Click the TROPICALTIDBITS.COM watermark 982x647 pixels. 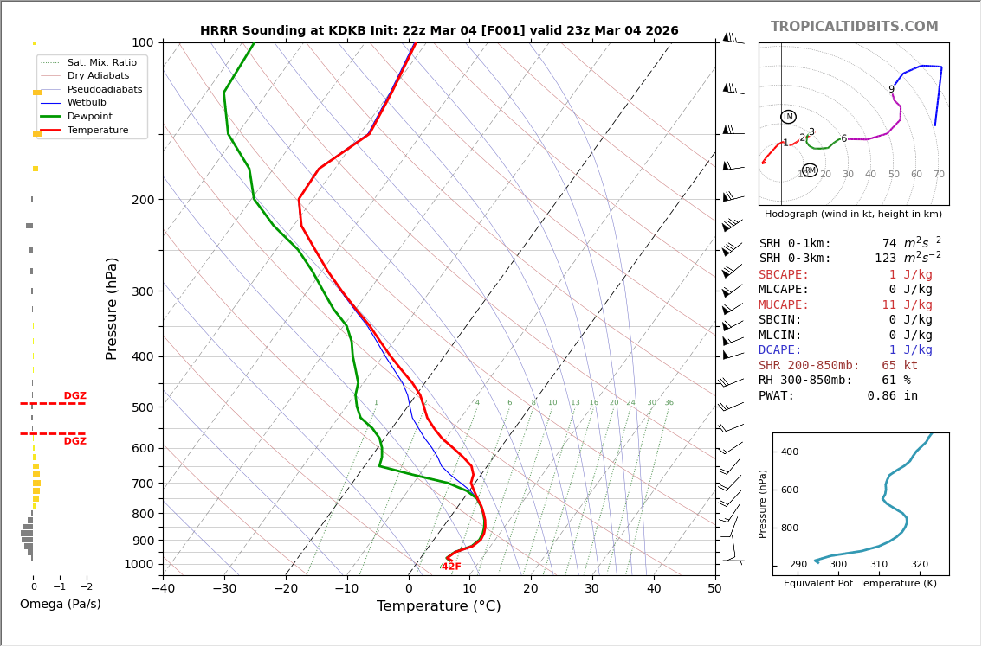[854, 27]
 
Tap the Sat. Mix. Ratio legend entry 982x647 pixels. [101, 62]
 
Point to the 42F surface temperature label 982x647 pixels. [451, 567]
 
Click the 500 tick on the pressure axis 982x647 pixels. [143, 407]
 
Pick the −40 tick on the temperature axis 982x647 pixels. [163, 589]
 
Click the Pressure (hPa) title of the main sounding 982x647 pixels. [112, 308]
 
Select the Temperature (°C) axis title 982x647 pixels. [438, 606]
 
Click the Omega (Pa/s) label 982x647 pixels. [60, 604]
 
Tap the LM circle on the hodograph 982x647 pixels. [788, 117]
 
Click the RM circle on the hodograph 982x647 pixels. [810, 170]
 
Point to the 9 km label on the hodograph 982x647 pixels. [891, 90]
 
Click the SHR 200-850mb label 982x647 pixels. [809, 366]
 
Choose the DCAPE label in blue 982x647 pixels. [784, 350]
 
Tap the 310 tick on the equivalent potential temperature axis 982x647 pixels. [879, 565]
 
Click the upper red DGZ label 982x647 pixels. [74, 396]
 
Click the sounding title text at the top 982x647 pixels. [439, 31]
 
